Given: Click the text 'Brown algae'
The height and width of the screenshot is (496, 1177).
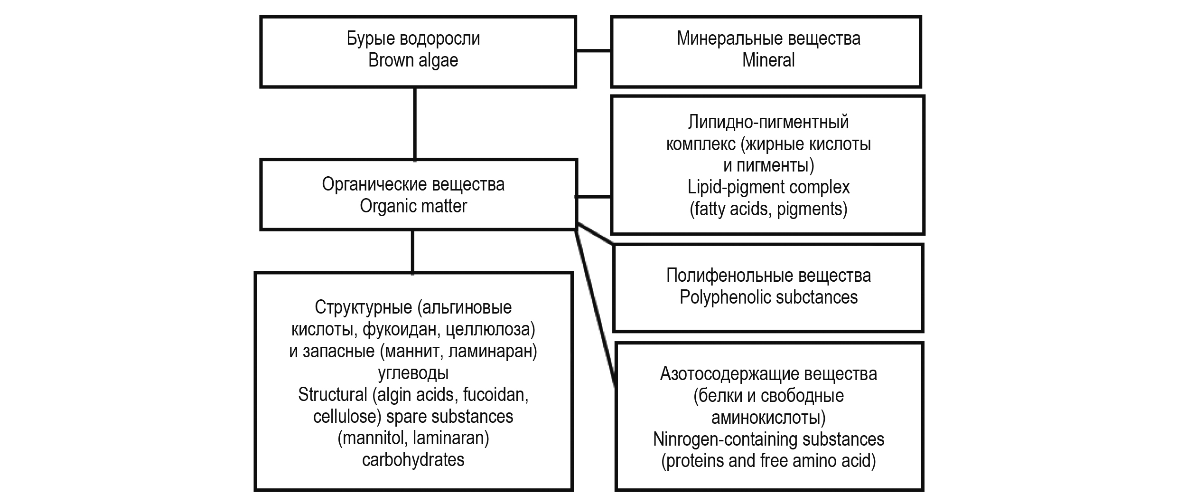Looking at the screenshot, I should click(x=413, y=61).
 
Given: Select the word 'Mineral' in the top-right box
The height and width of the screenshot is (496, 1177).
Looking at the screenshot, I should click(x=768, y=61).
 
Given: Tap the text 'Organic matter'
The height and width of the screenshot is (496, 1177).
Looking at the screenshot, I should click(x=413, y=206).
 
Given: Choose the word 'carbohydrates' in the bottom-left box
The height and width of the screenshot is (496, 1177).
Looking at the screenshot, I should click(x=413, y=460).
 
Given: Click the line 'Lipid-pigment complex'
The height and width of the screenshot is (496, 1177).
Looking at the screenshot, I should click(x=768, y=187).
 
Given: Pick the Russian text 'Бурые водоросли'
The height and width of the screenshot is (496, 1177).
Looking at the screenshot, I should click(x=413, y=38).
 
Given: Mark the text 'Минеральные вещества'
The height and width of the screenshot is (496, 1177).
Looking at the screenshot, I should click(x=768, y=38).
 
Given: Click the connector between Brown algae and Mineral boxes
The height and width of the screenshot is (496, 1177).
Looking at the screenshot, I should click(x=593, y=50).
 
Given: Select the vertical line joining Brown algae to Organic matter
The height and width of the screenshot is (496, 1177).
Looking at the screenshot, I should click(x=415, y=124).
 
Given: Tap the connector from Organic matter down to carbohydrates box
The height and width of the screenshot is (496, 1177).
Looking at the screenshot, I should click(x=412, y=252).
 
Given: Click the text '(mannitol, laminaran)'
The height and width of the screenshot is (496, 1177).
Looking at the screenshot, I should click(x=413, y=438).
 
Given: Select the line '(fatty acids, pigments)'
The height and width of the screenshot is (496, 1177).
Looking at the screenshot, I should click(x=768, y=209).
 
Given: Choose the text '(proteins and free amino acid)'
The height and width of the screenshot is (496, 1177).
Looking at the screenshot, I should click(x=768, y=461).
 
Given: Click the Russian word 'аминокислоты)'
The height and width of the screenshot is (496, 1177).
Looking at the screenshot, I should click(x=768, y=417).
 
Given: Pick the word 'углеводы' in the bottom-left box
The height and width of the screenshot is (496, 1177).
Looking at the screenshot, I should click(x=413, y=373).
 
